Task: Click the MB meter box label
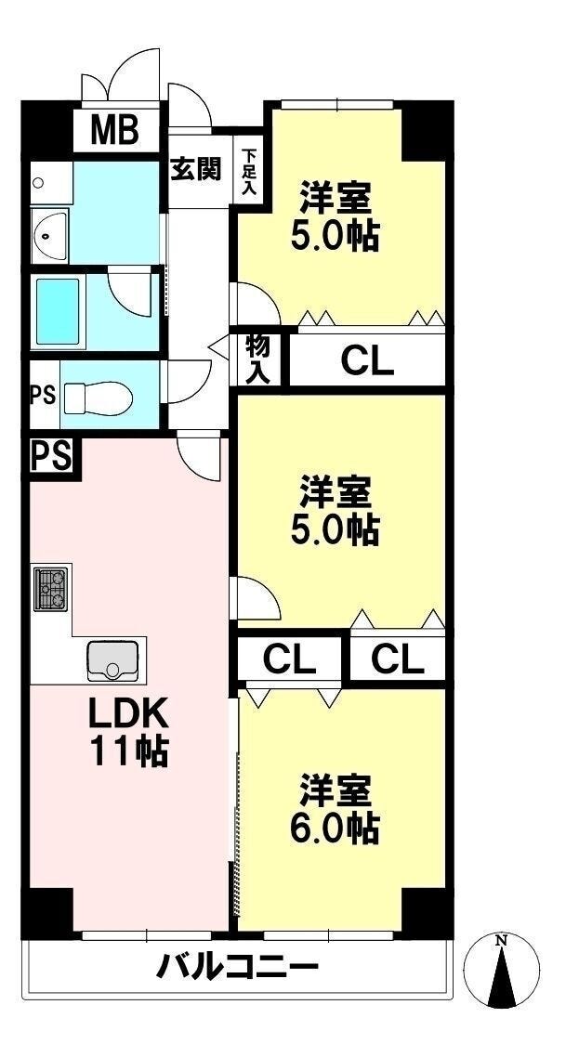pos(114,131)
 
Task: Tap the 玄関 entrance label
pos(195,169)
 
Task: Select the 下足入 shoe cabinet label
pos(248,172)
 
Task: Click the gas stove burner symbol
pos(51,589)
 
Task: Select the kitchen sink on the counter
pos(112,659)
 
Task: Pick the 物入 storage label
pos(258,359)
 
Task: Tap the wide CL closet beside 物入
pos(367,359)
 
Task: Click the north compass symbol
pos(502,971)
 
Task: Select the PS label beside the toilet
pos(43,394)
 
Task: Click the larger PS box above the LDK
pos(54,456)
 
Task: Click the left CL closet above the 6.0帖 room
pos(289,659)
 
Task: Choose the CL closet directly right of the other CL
pos(398,659)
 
